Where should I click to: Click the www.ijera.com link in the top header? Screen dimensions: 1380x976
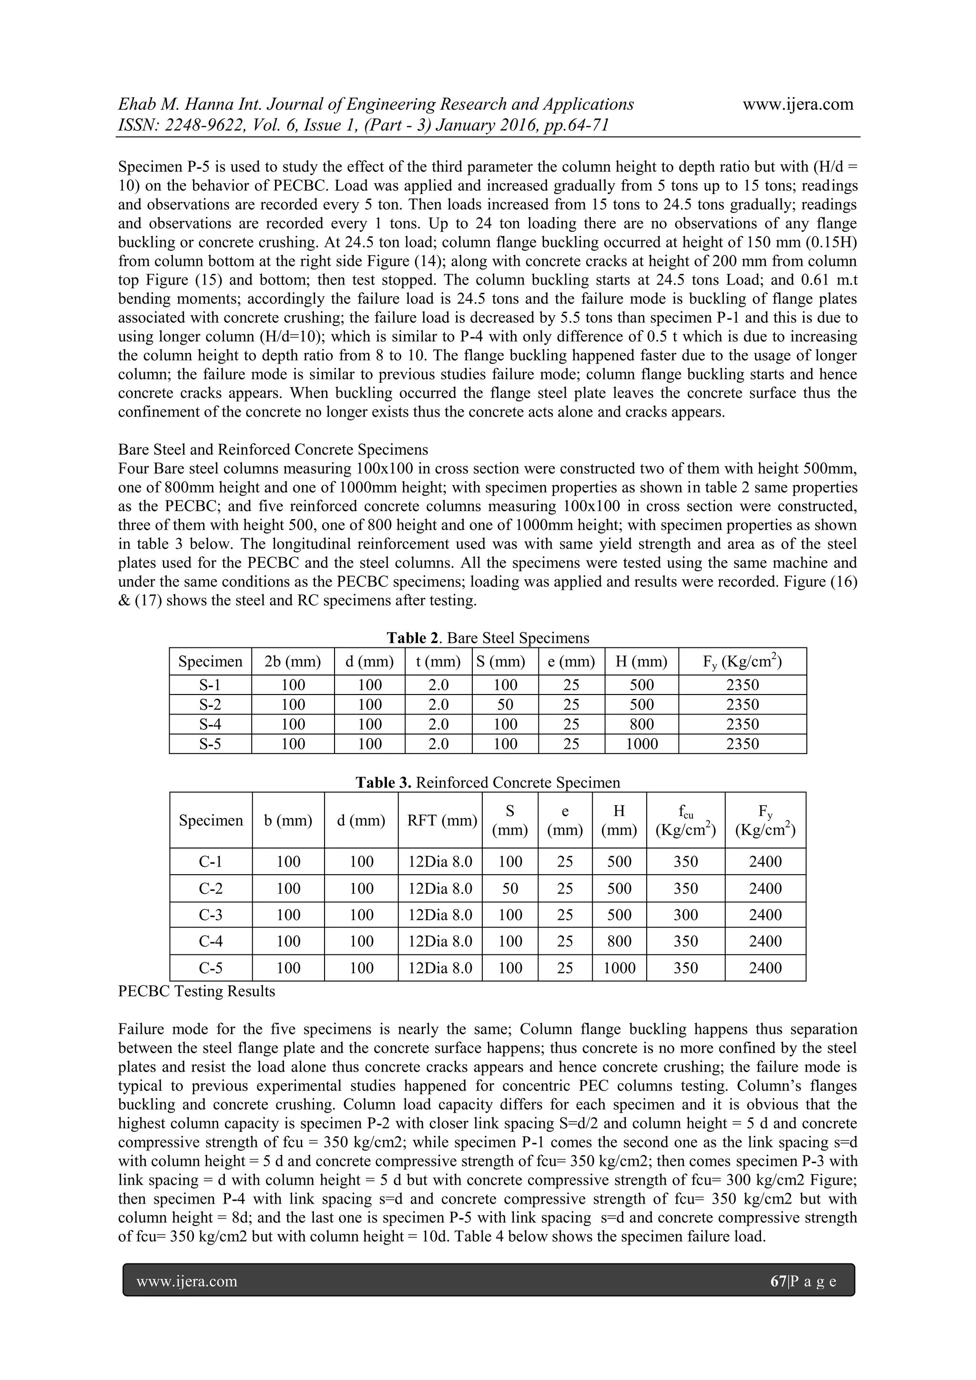[x=797, y=104]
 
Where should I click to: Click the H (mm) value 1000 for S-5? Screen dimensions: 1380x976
[x=641, y=744]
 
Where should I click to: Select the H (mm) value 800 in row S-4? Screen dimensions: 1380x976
[x=641, y=724]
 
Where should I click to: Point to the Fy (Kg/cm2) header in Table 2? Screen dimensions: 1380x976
[x=742, y=662]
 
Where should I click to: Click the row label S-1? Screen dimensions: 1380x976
[x=210, y=685]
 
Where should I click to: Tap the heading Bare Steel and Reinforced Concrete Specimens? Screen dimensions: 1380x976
[x=273, y=450]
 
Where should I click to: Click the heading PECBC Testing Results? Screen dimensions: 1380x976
[x=196, y=991]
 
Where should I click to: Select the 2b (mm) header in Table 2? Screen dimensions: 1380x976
[x=293, y=662]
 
